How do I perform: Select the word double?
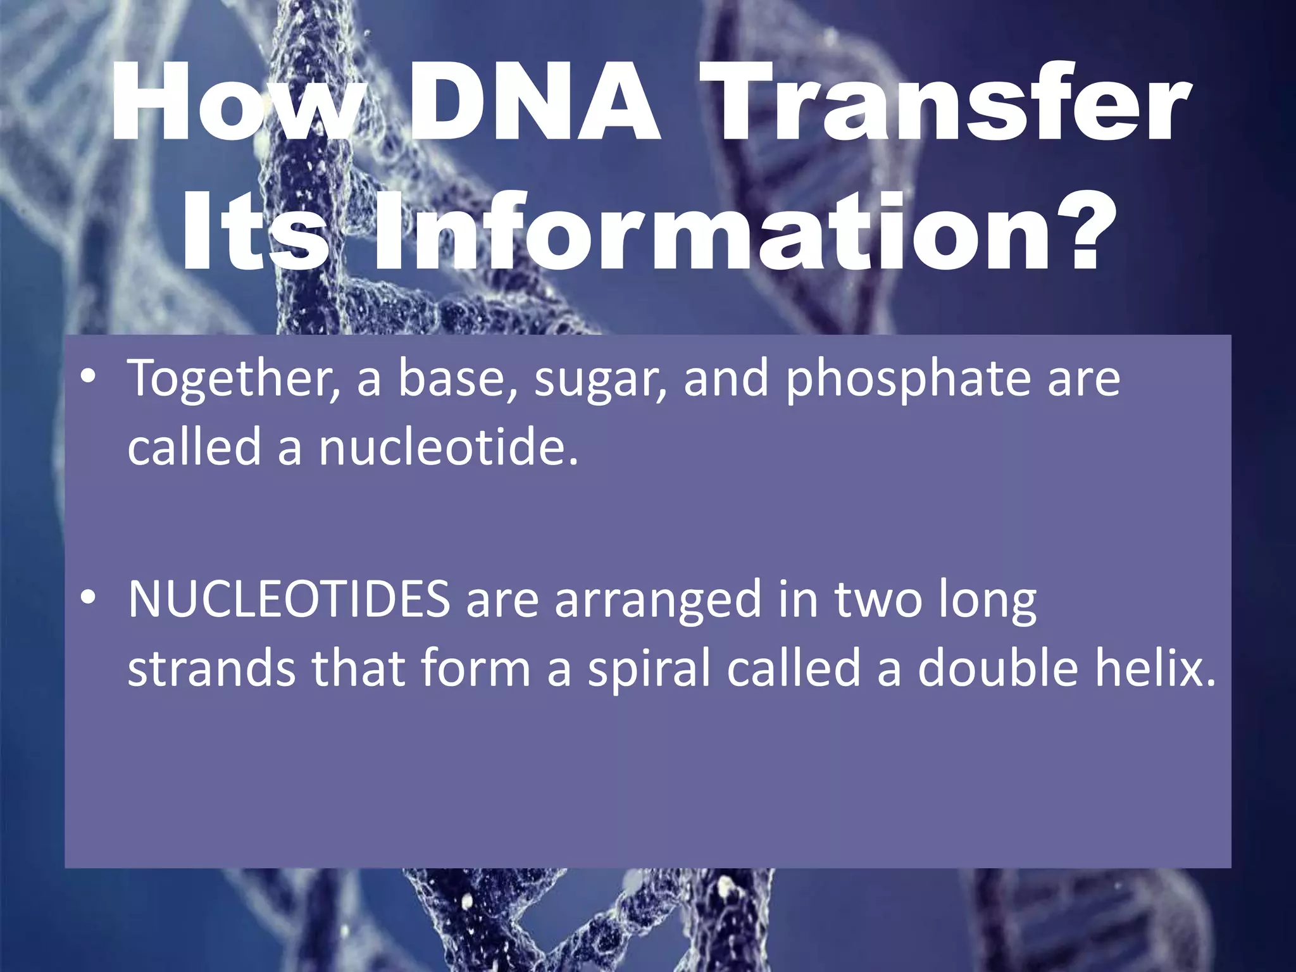click(x=997, y=668)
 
